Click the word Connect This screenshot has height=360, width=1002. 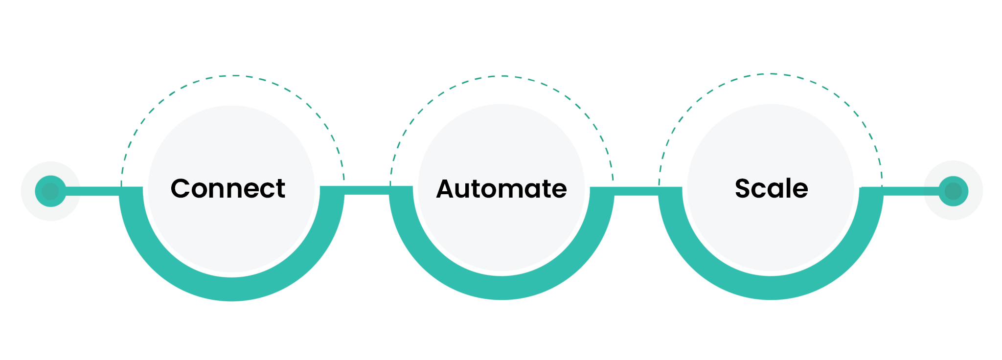click(x=228, y=189)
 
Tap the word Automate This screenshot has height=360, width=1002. click(x=501, y=189)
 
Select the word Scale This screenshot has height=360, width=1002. click(x=771, y=189)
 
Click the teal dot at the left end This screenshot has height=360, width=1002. click(x=50, y=191)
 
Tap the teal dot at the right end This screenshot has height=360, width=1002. click(x=953, y=191)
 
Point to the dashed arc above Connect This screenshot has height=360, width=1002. click(x=233, y=76)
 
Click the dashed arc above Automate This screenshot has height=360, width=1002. click(x=501, y=76)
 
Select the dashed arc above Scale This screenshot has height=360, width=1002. click(x=771, y=74)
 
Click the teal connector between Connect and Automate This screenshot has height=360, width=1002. click(x=366, y=191)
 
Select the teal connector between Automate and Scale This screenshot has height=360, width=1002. click(x=636, y=191)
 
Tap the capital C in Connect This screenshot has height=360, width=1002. click(x=181, y=189)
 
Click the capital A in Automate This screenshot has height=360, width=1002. click(x=446, y=189)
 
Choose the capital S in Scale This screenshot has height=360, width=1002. click(x=744, y=189)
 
